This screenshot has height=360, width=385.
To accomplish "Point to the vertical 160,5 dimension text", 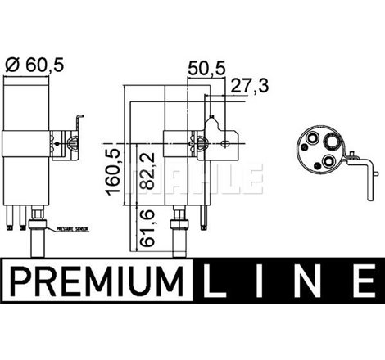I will point(118,170).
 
